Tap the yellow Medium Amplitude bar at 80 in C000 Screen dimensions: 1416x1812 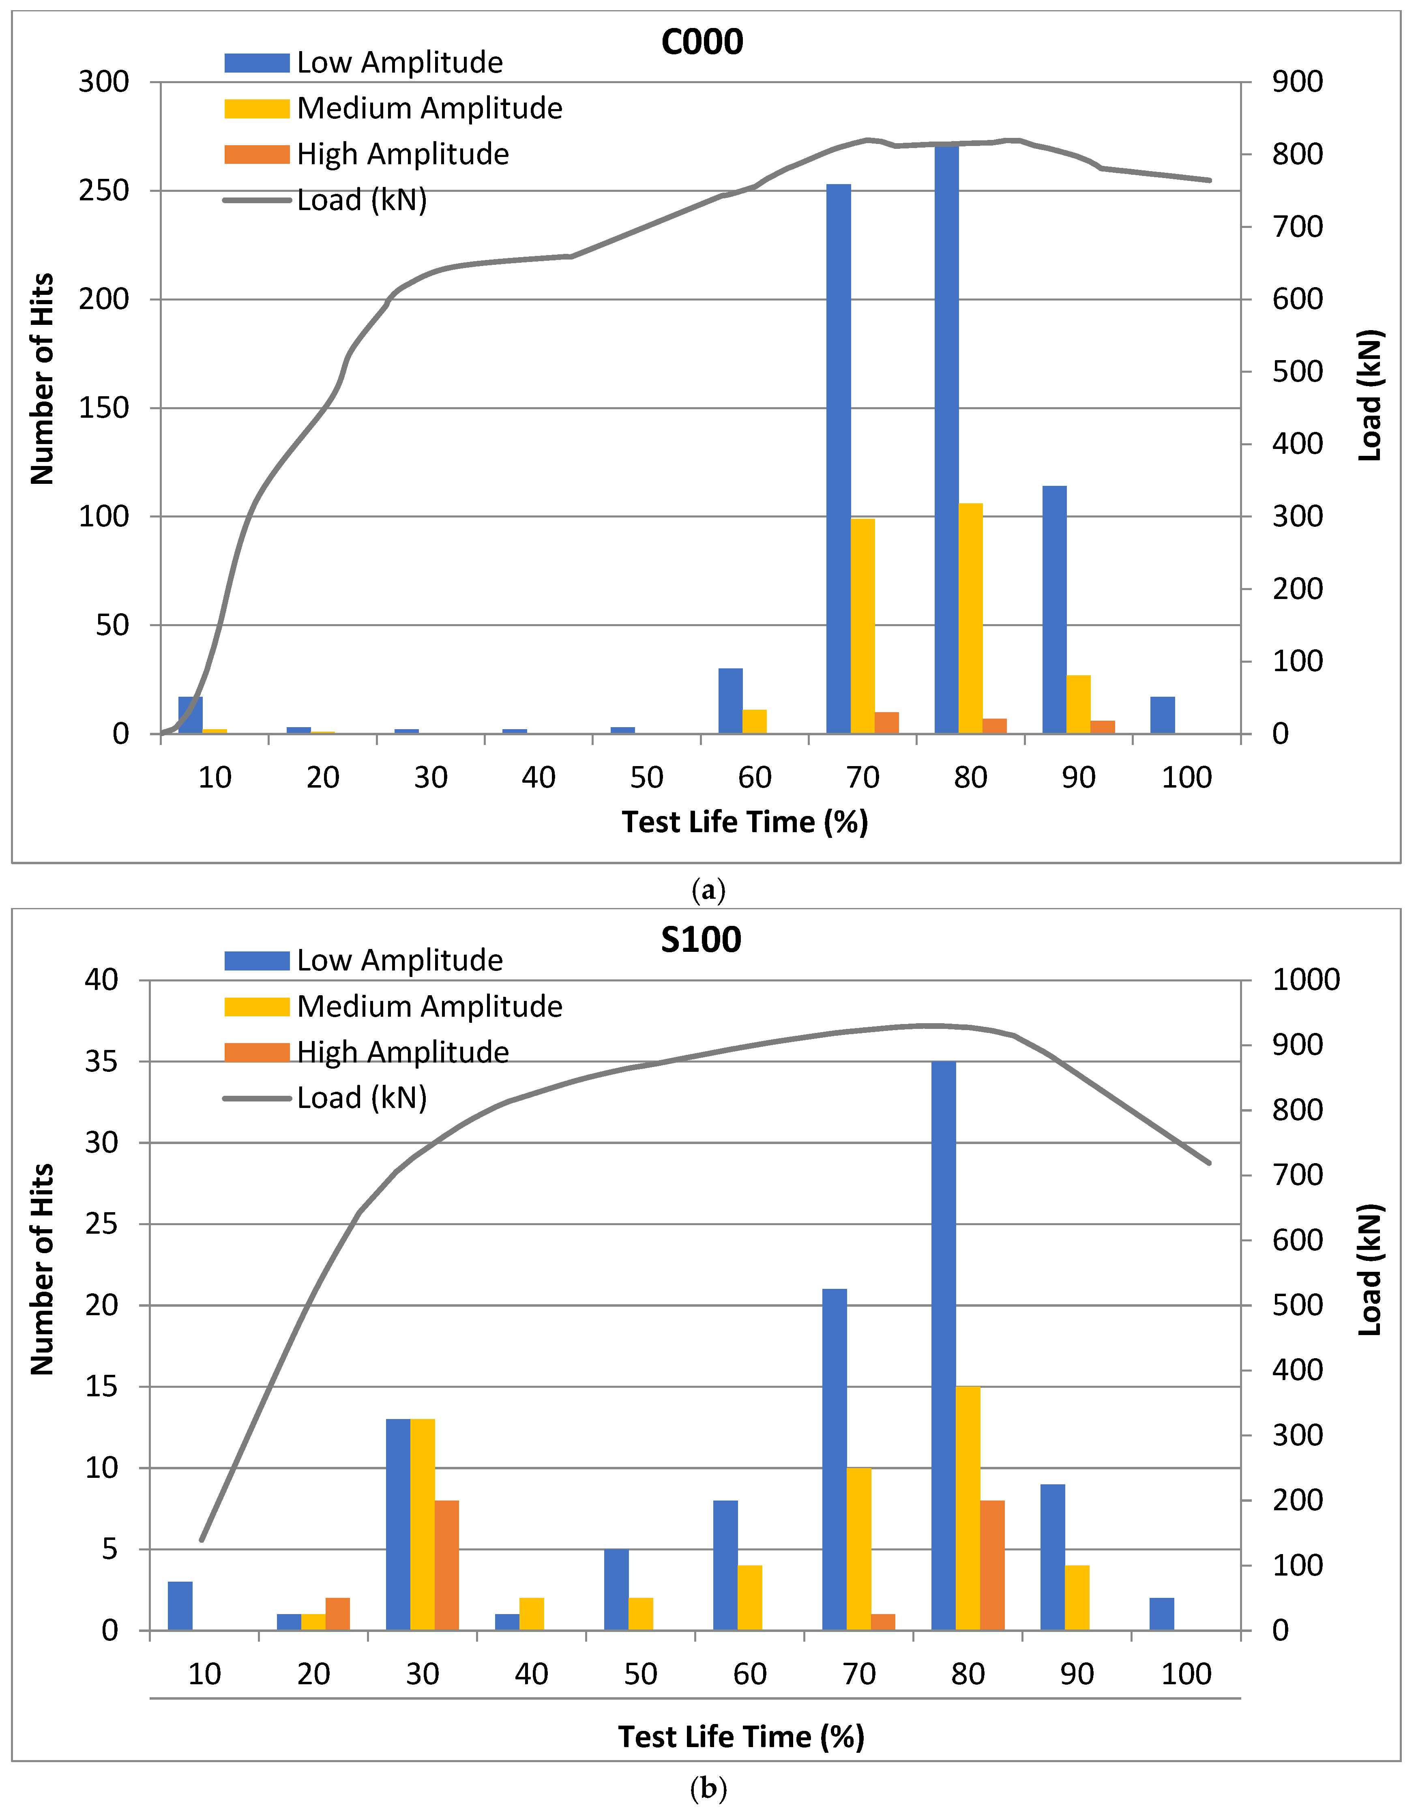(x=970, y=618)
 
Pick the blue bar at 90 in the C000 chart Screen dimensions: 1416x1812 (x=1054, y=610)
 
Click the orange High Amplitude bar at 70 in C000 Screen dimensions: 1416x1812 (x=887, y=723)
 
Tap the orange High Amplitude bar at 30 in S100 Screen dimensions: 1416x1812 (x=446, y=1565)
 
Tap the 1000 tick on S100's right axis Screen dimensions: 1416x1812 (x=1306, y=980)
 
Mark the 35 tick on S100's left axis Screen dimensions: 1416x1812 (x=101, y=1062)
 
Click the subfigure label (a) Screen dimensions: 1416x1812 (x=708, y=891)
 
